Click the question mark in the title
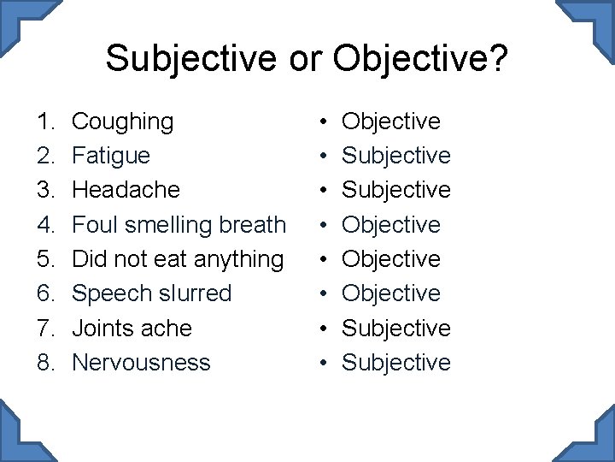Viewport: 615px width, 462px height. [x=498, y=59]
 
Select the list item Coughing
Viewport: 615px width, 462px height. [x=122, y=121]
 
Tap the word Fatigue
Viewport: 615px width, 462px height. [x=111, y=156]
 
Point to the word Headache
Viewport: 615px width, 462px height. [x=126, y=190]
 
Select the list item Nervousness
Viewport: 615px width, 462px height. [x=141, y=362]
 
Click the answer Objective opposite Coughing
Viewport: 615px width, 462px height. [x=391, y=121]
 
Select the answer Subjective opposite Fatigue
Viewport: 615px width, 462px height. [x=395, y=156]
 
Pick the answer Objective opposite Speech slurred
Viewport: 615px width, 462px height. [x=391, y=293]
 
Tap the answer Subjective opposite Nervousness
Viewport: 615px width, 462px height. [x=395, y=362]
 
